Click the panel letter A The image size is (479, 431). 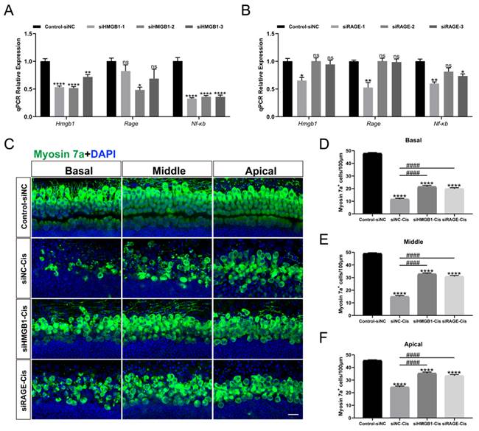click(x=10, y=10)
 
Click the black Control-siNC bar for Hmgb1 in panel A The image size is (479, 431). click(x=45, y=88)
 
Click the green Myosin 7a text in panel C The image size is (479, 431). click(x=55, y=153)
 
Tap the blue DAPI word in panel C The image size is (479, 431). click(x=102, y=153)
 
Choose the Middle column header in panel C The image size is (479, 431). click(x=167, y=172)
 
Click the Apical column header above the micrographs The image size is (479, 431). click(x=258, y=172)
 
